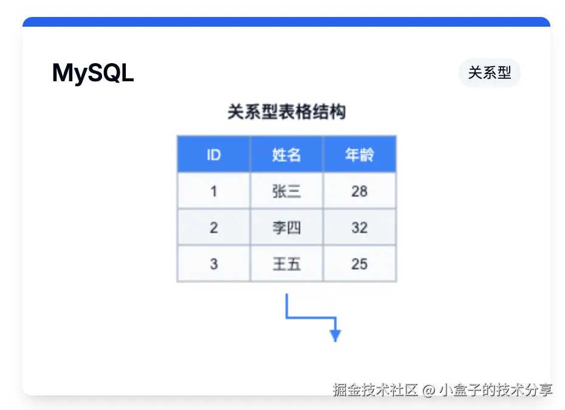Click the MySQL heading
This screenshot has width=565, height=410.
click(93, 73)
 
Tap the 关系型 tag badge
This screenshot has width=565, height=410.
click(489, 73)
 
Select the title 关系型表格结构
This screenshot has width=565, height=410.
click(286, 112)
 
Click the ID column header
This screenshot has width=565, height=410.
click(213, 155)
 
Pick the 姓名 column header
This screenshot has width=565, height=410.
click(286, 155)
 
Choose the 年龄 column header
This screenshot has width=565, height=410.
click(359, 155)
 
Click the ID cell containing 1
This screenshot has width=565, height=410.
click(213, 191)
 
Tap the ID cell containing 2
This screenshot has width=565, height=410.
click(213, 227)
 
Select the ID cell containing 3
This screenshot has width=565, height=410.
click(213, 264)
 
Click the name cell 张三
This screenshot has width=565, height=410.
click(286, 191)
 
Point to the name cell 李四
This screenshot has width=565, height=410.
click(286, 227)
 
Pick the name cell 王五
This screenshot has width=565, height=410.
click(286, 264)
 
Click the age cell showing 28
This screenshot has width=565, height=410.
click(359, 191)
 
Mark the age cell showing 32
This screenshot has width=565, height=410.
click(359, 227)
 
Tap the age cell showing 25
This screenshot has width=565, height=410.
click(359, 264)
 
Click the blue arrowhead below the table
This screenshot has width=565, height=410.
click(335, 335)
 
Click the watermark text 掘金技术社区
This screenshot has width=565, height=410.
click(375, 389)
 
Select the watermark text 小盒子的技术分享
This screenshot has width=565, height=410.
click(496, 389)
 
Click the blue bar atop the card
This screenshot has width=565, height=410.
click(286, 22)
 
